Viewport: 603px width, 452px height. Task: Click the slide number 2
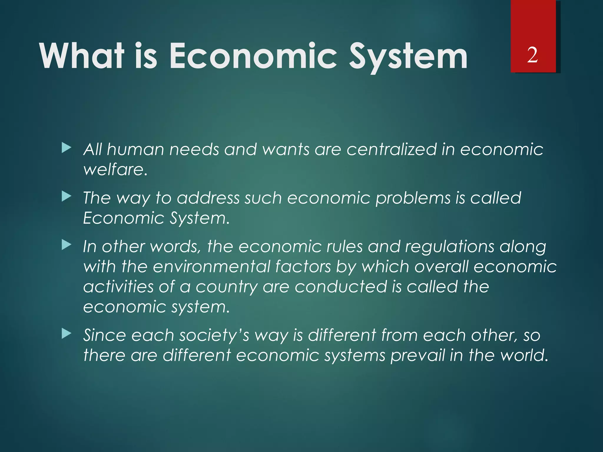click(x=532, y=55)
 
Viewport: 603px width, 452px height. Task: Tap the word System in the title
click(x=408, y=56)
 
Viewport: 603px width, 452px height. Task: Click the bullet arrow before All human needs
click(x=67, y=148)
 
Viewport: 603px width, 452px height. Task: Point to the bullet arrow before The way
click(x=67, y=197)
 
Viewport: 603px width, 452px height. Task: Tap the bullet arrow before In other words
click(x=67, y=245)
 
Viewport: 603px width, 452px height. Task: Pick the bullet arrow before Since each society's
click(x=67, y=334)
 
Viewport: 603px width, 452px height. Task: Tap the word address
click(x=208, y=198)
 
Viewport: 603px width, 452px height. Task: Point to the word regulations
click(x=450, y=246)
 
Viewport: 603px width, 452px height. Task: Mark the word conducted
click(x=341, y=287)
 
